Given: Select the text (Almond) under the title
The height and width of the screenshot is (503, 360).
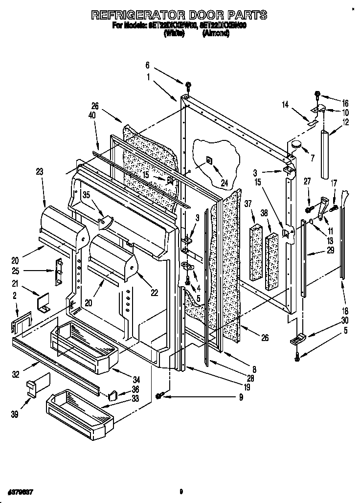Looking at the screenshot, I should (216, 34).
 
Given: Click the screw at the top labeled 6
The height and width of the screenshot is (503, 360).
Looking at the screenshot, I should (188, 87).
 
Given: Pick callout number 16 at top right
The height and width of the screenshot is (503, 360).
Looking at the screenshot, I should (346, 103).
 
